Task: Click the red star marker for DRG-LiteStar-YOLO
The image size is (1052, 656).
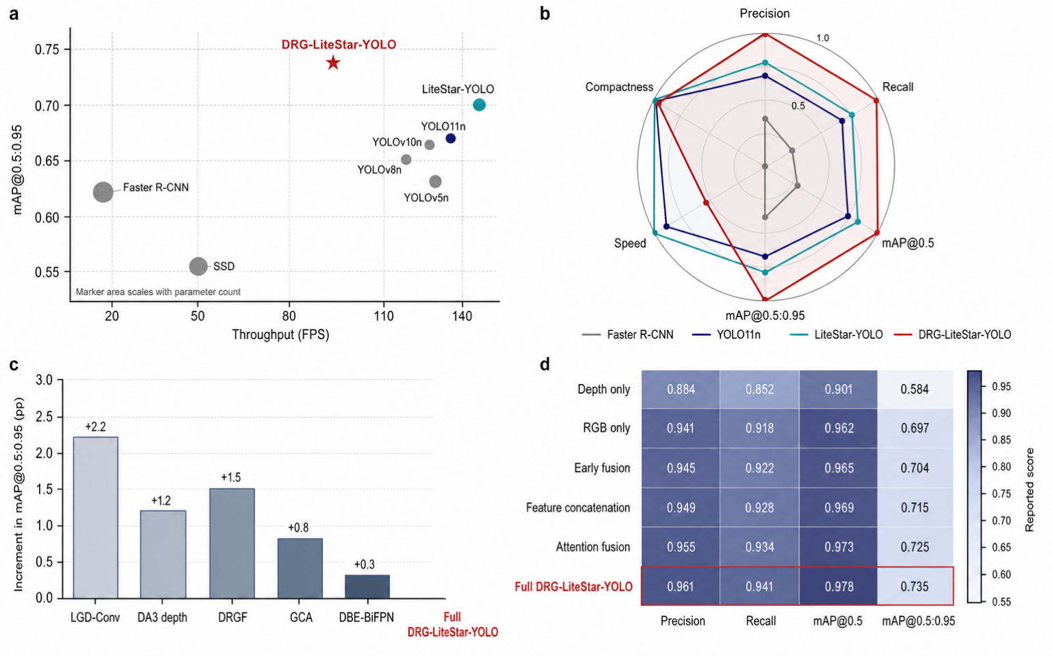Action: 333,62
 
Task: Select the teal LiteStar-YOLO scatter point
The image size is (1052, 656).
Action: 479,105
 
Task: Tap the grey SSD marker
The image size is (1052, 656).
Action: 198,266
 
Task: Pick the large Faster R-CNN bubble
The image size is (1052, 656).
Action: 103,192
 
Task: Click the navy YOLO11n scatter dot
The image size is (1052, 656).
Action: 450,139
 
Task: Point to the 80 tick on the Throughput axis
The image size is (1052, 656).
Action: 289,316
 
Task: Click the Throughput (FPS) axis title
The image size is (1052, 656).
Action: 280,335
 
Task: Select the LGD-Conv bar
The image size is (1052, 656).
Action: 96,517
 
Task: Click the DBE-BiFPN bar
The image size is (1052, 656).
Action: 367,586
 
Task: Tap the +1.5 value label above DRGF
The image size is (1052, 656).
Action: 231,477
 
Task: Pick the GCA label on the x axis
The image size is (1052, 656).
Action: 301,617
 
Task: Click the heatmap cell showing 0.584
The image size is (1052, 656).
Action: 915,389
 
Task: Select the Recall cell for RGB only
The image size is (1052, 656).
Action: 759,428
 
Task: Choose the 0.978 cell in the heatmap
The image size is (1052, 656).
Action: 839,586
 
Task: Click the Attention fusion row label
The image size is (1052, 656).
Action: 592,547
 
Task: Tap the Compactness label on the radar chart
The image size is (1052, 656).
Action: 619,87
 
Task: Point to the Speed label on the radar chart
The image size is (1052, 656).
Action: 630,243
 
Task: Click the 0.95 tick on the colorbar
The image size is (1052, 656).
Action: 1001,387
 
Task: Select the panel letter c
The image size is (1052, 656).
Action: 14,364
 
